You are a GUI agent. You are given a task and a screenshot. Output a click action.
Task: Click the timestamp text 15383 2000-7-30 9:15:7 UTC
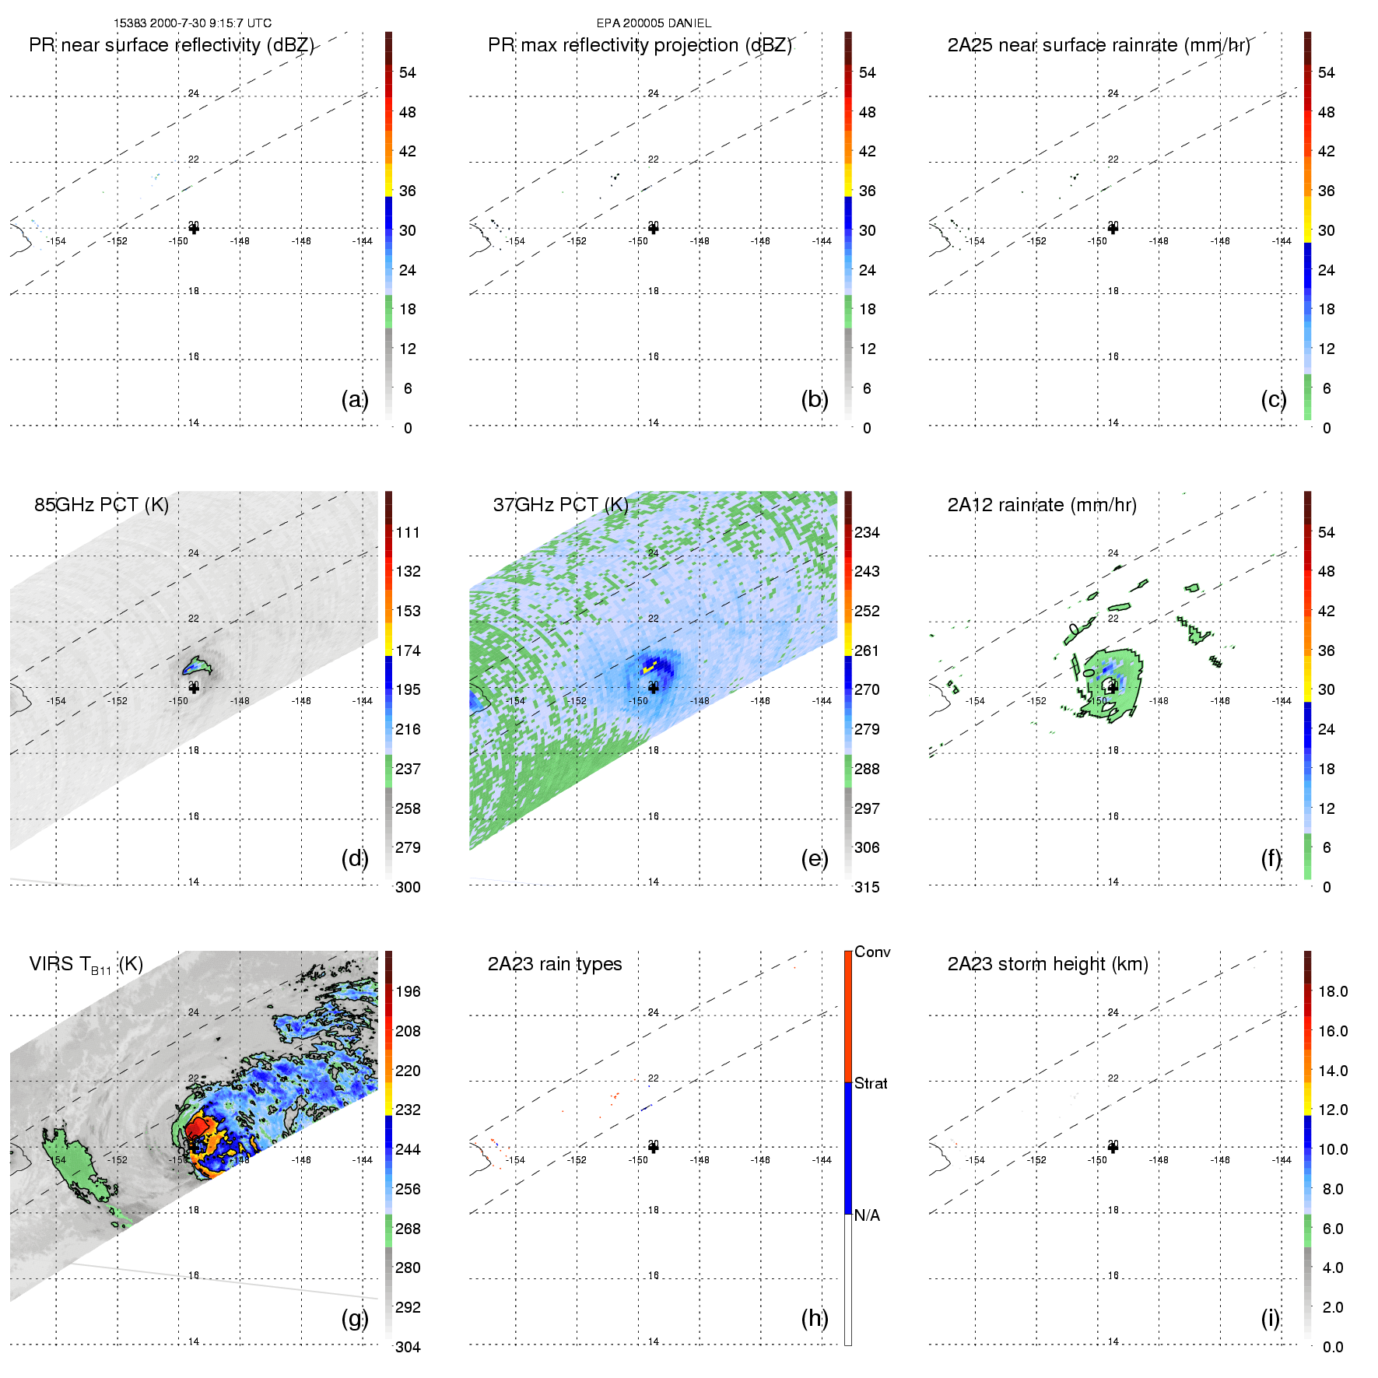(192, 23)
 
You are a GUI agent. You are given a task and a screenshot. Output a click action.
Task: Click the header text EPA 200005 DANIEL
(654, 23)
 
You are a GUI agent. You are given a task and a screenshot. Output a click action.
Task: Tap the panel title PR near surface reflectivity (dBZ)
(171, 45)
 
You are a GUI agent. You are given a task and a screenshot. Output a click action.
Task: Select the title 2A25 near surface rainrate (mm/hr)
(1099, 45)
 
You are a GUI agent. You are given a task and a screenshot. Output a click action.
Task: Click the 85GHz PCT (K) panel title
(101, 505)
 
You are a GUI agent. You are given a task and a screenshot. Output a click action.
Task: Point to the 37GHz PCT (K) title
(560, 505)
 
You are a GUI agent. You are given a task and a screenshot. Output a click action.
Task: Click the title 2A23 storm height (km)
(1047, 964)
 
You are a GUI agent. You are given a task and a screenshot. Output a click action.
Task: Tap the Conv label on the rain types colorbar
(872, 952)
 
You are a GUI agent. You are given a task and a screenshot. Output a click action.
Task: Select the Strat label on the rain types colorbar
(871, 1083)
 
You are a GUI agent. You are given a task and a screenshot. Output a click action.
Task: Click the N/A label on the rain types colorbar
(867, 1215)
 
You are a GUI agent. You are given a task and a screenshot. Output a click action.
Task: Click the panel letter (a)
(355, 399)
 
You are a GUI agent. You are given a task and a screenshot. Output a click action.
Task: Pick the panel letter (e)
(815, 858)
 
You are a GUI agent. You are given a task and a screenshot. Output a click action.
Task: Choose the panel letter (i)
(1271, 1318)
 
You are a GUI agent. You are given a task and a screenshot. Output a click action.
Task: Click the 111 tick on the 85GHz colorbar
(408, 532)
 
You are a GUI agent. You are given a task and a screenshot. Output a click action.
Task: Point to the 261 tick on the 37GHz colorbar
(867, 650)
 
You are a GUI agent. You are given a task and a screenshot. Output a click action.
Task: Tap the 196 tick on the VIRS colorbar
(408, 991)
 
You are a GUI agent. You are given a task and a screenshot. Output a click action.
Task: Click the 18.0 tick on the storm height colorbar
(1333, 991)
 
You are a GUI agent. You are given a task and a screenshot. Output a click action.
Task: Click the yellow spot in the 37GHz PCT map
(649, 667)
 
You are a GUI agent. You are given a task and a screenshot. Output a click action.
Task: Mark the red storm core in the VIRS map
(198, 1126)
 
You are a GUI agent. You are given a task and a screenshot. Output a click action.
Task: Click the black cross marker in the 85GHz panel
(194, 688)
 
